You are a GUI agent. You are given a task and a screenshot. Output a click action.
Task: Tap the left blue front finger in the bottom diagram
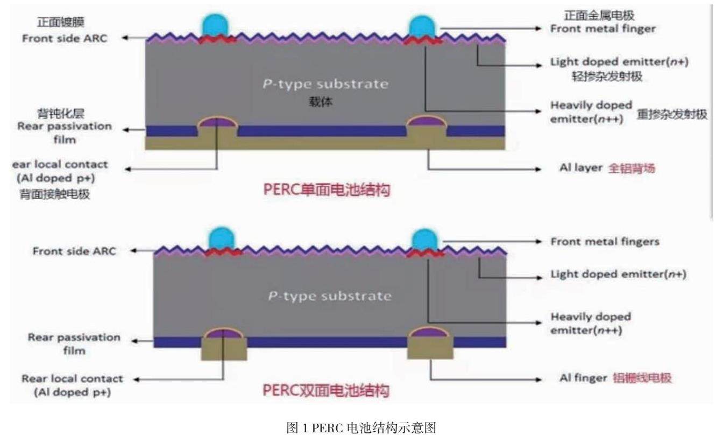click(x=219, y=237)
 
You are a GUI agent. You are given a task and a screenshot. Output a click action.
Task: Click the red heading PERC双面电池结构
click(x=325, y=390)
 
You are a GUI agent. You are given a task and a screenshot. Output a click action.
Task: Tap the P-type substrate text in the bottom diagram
click(x=330, y=296)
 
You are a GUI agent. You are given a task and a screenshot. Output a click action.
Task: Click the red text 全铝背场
click(x=632, y=169)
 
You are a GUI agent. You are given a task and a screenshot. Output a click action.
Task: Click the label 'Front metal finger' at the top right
click(x=602, y=29)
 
